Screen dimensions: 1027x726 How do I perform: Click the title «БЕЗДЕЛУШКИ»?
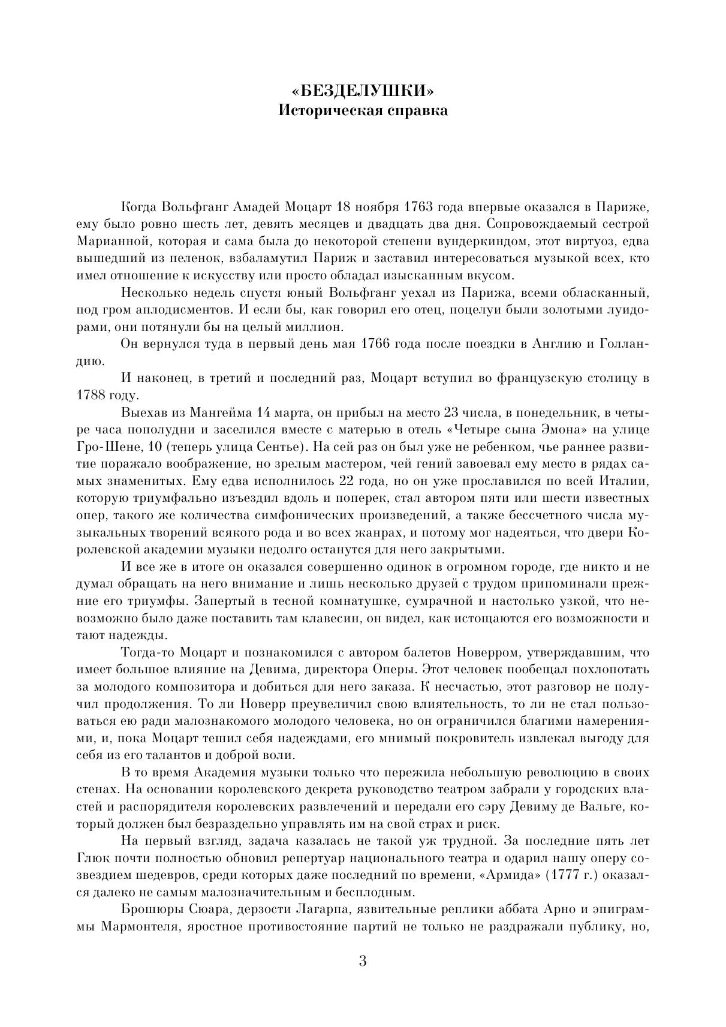[362, 91]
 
